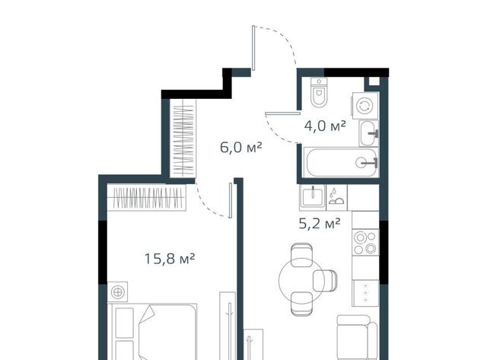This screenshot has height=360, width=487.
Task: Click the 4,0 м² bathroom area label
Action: click(325, 126)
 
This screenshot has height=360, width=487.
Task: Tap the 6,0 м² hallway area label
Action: click(241, 147)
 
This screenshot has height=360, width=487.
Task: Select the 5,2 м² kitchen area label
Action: click(320, 223)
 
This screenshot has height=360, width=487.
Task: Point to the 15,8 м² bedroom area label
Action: click(170, 259)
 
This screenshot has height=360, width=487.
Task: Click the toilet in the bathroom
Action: click(319, 92)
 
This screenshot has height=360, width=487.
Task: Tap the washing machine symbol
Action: click(364, 106)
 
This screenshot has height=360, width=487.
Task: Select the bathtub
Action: click(340, 162)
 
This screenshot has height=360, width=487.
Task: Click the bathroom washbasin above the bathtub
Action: click(369, 133)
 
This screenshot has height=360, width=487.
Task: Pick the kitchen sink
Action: click(313, 196)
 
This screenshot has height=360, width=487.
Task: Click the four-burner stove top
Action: click(365, 242)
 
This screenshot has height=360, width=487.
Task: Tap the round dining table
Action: click(301, 281)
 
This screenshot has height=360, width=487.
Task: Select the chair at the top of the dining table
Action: click(301, 254)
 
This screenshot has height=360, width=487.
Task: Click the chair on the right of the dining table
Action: click(325, 281)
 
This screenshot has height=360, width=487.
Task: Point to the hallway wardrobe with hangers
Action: click(183, 139)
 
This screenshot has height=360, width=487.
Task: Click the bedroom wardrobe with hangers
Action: click(147, 198)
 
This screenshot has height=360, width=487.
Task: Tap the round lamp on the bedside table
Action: click(118, 292)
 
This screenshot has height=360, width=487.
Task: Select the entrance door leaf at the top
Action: click(253, 48)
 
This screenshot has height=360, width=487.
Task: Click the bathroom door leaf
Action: click(283, 113)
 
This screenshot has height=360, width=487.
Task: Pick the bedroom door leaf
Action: click(231, 200)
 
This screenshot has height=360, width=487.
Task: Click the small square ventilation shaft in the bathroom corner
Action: click(374, 81)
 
